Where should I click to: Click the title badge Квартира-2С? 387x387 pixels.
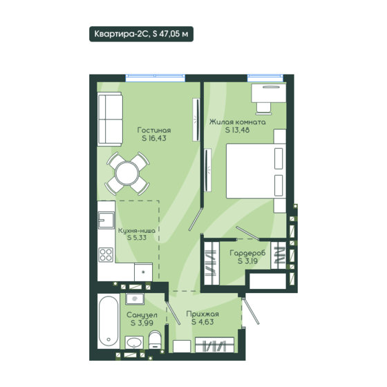pyautogui.click(x=141, y=34)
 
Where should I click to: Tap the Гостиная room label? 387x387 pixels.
pyautogui.click(x=154, y=130)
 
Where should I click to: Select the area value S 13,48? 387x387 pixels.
pyautogui.click(x=237, y=130)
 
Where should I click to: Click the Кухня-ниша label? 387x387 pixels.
pyautogui.click(x=137, y=231)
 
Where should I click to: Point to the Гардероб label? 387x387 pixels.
pyautogui.click(x=247, y=253)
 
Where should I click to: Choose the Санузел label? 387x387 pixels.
pyautogui.click(x=142, y=315)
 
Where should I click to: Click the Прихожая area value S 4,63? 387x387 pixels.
pyautogui.click(x=202, y=322)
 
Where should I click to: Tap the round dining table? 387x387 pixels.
pyautogui.click(x=127, y=173)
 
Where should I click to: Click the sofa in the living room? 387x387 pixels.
pyautogui.click(x=110, y=119)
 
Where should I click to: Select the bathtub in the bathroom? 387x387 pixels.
pyautogui.click(x=108, y=321)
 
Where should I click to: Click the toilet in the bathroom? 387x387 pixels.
pyautogui.click(x=155, y=340)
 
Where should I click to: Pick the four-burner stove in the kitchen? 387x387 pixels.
pyautogui.click(x=106, y=255)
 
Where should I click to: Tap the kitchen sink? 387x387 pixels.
pyautogui.click(x=106, y=220)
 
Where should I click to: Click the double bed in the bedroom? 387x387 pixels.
pyautogui.click(x=256, y=171)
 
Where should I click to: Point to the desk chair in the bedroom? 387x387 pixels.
pyautogui.click(x=263, y=108)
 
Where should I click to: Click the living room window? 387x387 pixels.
pyautogui.click(x=155, y=77)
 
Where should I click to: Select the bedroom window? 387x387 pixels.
pyautogui.click(x=265, y=77)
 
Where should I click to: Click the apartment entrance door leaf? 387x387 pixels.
pyautogui.click(x=251, y=311)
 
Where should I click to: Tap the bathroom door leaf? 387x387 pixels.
pyautogui.click(x=173, y=312)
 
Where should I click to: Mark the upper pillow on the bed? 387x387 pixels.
pyautogui.click(x=279, y=158)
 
